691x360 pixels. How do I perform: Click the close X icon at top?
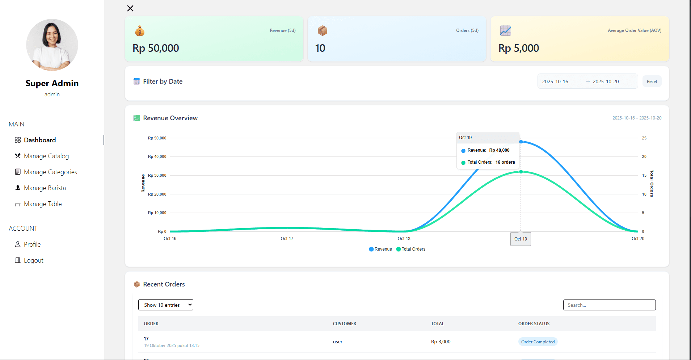130,8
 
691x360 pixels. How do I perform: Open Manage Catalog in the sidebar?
46,156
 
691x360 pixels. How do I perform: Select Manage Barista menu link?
45,188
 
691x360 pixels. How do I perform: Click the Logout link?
33,260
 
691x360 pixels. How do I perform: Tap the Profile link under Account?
32,244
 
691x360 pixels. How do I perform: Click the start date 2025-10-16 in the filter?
555,81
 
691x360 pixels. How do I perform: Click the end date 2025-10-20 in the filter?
606,81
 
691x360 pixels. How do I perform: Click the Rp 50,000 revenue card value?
156,48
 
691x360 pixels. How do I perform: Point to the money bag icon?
140,31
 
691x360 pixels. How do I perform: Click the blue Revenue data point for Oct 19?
521,142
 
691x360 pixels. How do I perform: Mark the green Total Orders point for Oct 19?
521,172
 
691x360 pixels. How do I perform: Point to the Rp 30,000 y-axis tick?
157,175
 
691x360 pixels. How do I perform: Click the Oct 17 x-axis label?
287,239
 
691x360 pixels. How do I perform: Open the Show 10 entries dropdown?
166,305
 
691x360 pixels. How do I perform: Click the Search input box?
609,305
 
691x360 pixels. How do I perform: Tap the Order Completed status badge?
538,342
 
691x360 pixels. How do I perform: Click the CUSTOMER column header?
345,324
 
